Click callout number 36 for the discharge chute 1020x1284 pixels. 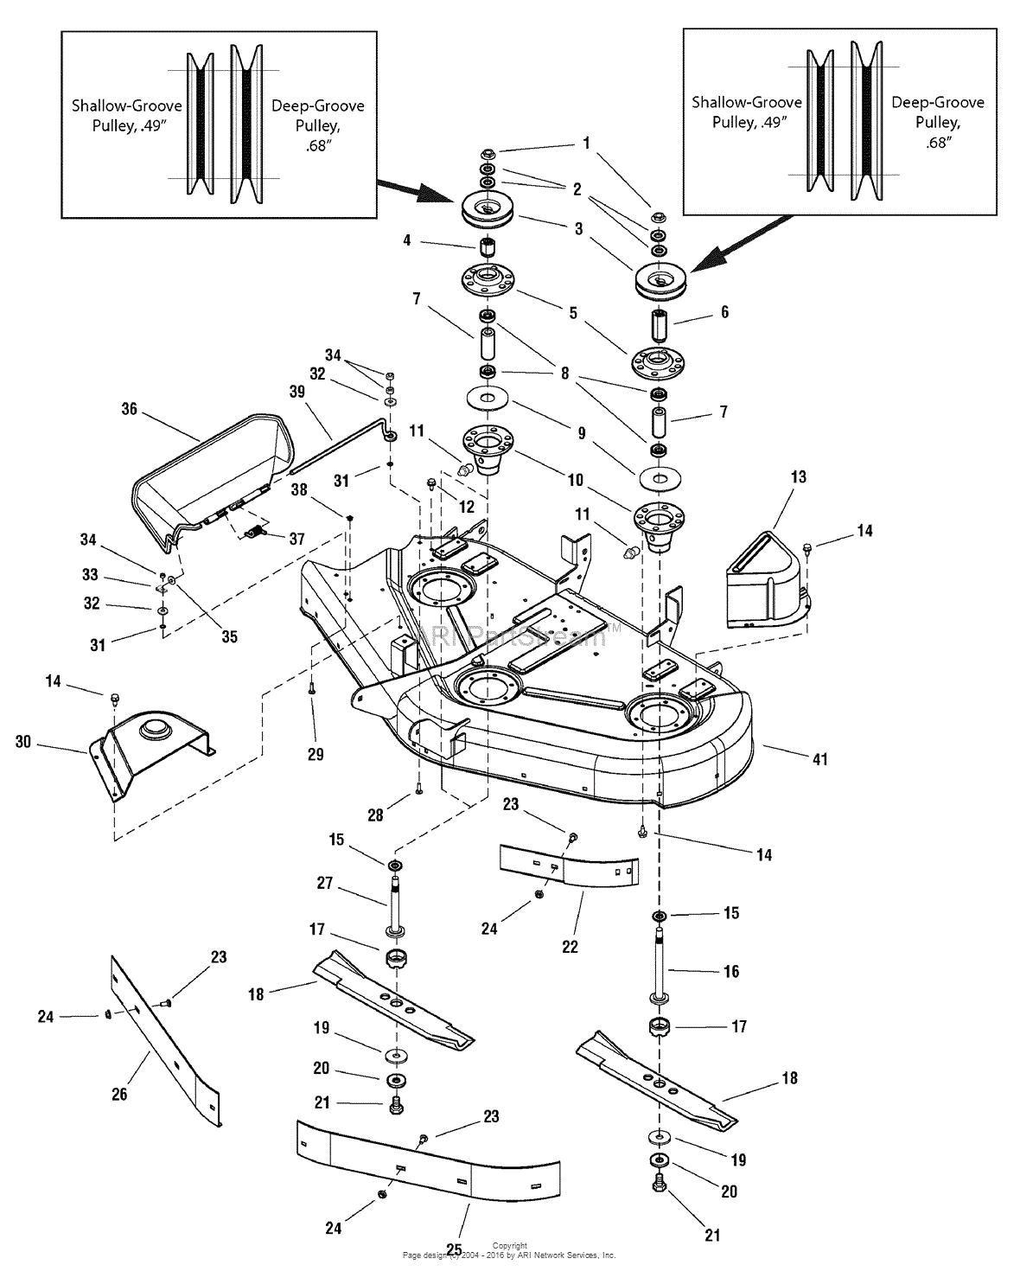coord(129,408)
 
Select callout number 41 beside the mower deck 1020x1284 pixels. coord(819,758)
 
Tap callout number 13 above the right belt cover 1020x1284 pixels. coord(798,476)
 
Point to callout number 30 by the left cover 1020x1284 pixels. coord(22,742)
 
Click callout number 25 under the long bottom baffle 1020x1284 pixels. coord(453,1249)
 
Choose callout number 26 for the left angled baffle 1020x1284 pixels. coord(119,1094)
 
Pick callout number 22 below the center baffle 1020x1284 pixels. coord(570,946)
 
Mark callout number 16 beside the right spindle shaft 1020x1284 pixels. coord(731,971)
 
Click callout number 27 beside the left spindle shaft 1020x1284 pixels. coord(325,883)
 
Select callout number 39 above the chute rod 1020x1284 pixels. coord(297,392)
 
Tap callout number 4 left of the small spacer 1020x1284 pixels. coord(406,240)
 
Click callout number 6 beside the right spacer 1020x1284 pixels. coord(724,312)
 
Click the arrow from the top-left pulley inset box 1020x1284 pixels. coord(406,192)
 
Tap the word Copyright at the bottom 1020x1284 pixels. coord(509,1246)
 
